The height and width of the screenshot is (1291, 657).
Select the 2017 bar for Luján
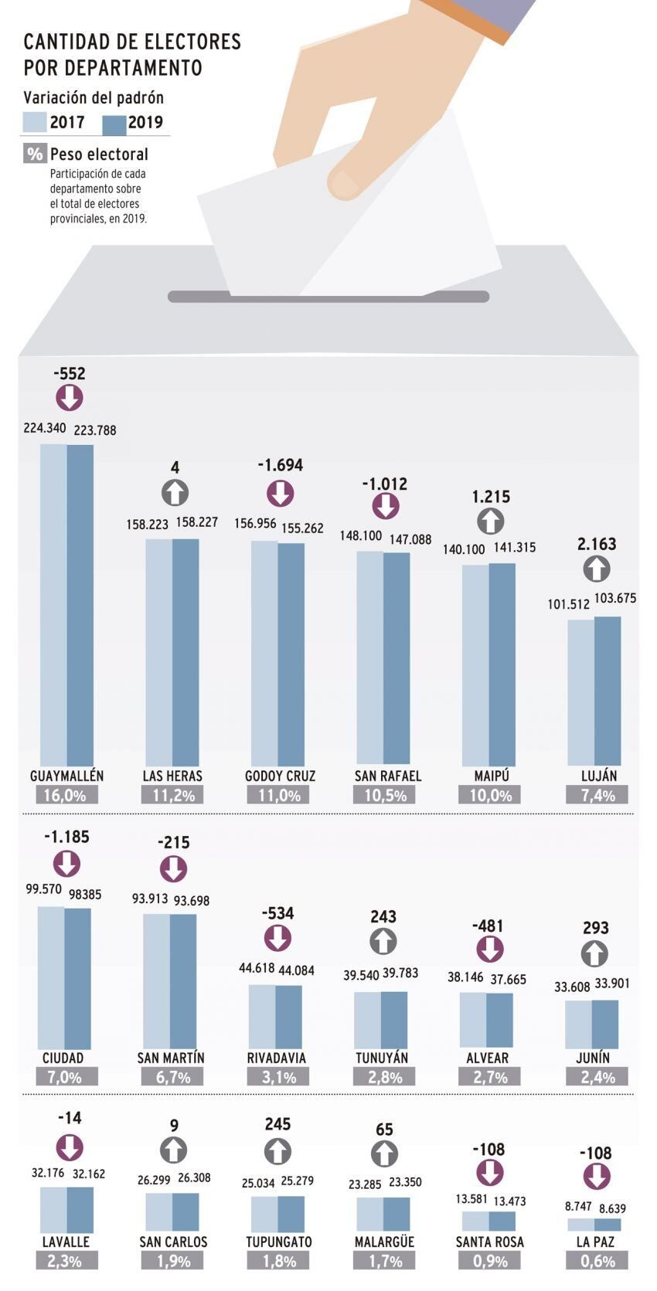tap(581, 692)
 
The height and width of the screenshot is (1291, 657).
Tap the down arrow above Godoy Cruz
tap(281, 493)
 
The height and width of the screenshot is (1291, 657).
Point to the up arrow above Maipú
tap(491, 521)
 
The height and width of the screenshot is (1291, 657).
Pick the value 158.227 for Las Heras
tap(197, 522)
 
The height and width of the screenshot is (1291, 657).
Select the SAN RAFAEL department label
tap(388, 776)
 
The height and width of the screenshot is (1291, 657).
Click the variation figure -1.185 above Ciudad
tap(66, 837)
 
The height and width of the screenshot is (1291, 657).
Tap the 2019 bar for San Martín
tap(183, 981)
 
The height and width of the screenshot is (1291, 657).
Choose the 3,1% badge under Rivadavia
tap(279, 1077)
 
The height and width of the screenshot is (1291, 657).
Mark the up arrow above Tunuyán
tap(383, 942)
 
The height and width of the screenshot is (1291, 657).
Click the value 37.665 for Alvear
tap(508, 980)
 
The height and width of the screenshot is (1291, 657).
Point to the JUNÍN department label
tap(593, 1058)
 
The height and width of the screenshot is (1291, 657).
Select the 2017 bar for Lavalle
tap(53, 1210)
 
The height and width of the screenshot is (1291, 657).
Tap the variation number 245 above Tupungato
tap(277, 1124)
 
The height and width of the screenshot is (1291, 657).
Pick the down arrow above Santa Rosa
tap(489, 1173)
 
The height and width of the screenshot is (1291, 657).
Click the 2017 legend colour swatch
tap(35, 122)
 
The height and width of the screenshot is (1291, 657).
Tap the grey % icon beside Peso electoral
tap(35, 153)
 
